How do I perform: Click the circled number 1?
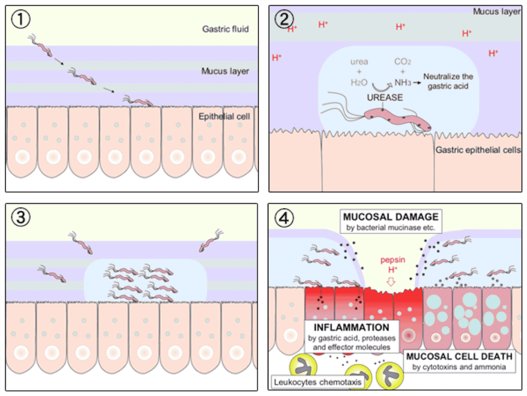point(21,19)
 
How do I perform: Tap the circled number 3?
point(21,217)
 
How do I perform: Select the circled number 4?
point(284,217)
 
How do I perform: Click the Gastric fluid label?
point(225,29)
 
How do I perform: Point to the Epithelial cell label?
point(224,116)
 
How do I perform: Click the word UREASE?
point(385,97)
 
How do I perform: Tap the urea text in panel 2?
point(359,62)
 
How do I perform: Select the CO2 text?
point(402,62)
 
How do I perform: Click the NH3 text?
point(402,82)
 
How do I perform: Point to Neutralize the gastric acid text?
point(448,81)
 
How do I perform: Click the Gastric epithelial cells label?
point(478,150)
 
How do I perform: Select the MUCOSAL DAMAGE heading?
point(390,217)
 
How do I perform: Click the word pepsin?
point(392,260)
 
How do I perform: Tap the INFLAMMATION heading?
point(351,328)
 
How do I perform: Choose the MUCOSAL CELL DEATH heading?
point(459,356)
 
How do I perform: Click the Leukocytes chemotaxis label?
point(317,382)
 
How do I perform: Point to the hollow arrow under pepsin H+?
point(391,282)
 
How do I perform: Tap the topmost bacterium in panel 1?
point(41,45)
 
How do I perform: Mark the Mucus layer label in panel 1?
point(225,71)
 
